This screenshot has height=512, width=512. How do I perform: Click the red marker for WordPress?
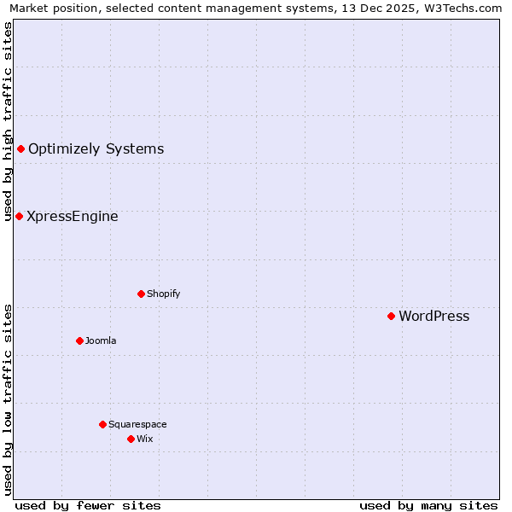[391, 316]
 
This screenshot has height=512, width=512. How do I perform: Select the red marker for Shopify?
[141, 294]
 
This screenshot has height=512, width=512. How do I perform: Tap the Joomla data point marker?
[79, 340]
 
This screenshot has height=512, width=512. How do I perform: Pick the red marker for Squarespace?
[102, 424]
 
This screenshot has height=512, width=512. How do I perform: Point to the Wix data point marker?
[131, 439]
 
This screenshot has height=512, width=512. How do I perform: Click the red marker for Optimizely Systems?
[20, 149]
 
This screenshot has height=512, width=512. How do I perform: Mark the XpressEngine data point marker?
[19, 216]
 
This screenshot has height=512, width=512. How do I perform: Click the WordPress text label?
[433, 317]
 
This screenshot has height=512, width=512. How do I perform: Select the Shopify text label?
[163, 294]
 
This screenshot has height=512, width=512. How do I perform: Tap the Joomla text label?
[101, 340]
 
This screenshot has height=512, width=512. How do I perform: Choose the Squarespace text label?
[137, 424]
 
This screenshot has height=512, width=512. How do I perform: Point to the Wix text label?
[144, 439]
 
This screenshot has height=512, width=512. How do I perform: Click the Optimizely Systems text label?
[96, 149]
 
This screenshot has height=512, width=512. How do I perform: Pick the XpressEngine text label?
[73, 217]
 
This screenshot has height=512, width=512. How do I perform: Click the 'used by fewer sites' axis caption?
[88, 505]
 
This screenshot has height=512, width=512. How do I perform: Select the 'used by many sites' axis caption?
[428, 505]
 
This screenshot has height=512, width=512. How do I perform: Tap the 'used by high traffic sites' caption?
[8, 121]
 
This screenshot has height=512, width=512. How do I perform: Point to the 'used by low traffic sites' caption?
[8, 399]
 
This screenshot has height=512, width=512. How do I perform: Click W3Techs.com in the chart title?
[464, 8]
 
